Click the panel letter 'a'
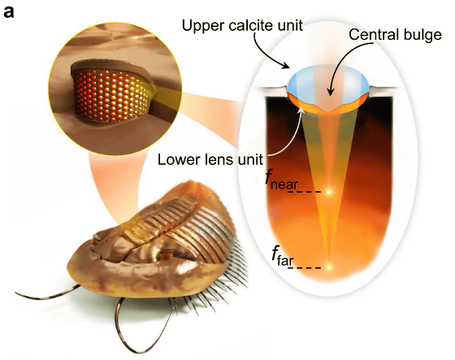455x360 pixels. click(9, 11)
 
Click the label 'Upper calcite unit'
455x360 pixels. click(242, 25)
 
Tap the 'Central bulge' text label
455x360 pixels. click(395, 35)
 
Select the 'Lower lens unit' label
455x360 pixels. click(210, 159)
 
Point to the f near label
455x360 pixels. click(281, 180)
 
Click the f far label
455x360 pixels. click(282, 256)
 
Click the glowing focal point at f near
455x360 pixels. click(329, 192)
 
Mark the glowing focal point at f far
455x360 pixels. click(329, 267)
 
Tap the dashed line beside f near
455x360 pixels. click(304, 192)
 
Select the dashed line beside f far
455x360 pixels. click(305, 267)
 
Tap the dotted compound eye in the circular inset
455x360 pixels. click(113, 96)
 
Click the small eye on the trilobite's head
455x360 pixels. click(166, 255)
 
